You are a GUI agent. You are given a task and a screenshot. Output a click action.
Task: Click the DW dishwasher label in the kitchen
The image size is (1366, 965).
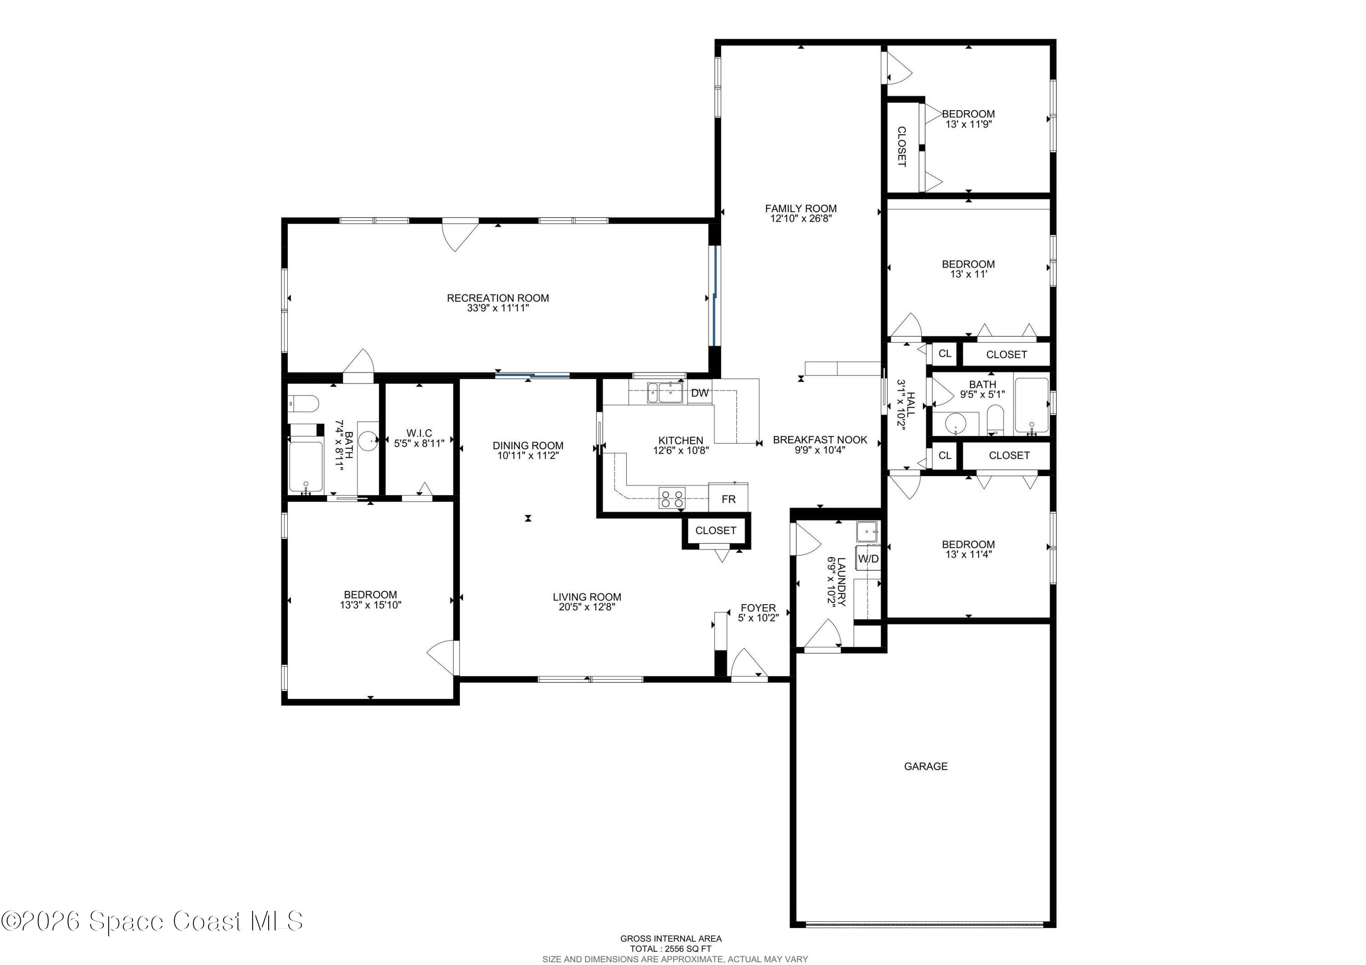[700, 393]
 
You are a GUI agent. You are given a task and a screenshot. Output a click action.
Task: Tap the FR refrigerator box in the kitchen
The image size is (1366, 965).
[728, 499]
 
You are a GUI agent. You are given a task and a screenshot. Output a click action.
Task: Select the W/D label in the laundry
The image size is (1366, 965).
[868, 559]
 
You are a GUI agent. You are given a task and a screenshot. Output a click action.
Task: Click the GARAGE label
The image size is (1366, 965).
[925, 767]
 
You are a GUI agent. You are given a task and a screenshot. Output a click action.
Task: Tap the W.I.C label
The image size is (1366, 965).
[419, 433]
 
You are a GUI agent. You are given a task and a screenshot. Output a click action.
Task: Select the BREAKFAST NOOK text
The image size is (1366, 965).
[820, 440]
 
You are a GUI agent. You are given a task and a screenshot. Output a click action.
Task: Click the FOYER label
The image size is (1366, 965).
[758, 608]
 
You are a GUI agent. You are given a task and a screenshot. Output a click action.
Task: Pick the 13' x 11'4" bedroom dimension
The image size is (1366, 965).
[968, 554]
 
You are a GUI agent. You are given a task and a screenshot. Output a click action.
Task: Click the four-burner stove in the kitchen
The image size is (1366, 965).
[672, 498]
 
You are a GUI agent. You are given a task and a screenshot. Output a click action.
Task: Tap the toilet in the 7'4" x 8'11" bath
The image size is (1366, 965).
[303, 403]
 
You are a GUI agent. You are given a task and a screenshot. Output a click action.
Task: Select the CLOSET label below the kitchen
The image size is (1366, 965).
[715, 530]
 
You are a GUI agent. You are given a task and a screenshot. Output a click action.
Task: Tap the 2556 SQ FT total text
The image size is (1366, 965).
[671, 949]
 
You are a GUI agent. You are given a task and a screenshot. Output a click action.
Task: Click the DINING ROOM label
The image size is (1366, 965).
[528, 445]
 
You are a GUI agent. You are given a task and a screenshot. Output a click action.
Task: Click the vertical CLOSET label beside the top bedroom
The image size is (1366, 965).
[902, 146]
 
